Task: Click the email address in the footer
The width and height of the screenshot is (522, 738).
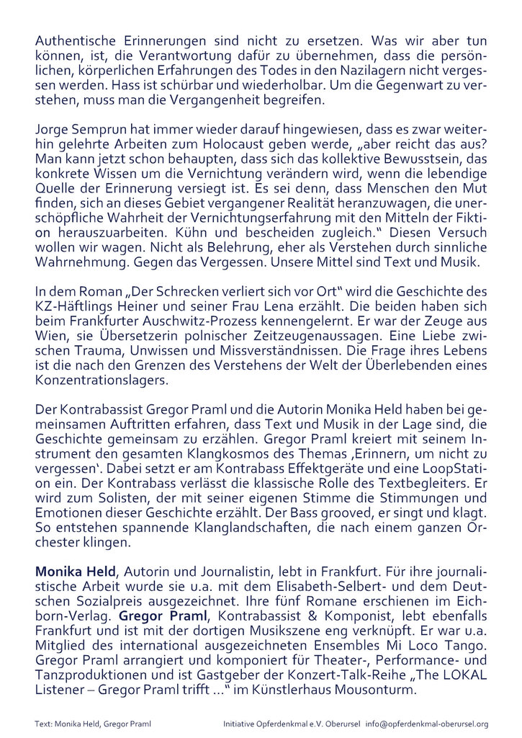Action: pos(427,724)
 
